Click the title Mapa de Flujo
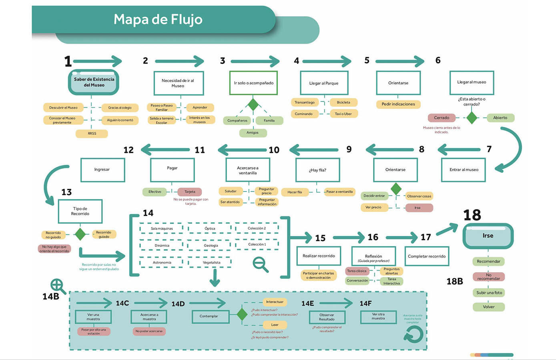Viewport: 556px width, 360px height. point(158,19)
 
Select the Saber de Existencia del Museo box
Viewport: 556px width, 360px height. point(94,82)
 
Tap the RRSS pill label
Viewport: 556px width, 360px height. point(92,134)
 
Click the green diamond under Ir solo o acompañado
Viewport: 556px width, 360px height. point(253,104)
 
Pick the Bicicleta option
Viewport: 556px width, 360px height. point(343,102)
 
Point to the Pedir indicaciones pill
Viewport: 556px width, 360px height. point(398,104)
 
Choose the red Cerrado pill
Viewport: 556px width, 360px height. point(442,118)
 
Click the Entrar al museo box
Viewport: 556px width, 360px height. point(464,170)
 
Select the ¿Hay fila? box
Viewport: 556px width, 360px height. point(317,170)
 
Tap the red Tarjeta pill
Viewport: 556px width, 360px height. point(190,192)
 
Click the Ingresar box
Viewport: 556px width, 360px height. point(102,170)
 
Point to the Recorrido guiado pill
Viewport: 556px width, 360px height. point(104,234)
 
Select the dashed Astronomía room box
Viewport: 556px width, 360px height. point(162,263)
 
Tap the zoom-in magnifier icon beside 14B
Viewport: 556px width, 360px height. point(58,286)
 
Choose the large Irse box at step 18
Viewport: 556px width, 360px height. point(488,236)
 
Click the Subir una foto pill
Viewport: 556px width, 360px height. point(489,293)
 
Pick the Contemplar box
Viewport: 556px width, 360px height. point(209,316)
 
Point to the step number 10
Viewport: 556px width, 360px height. point(274,150)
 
